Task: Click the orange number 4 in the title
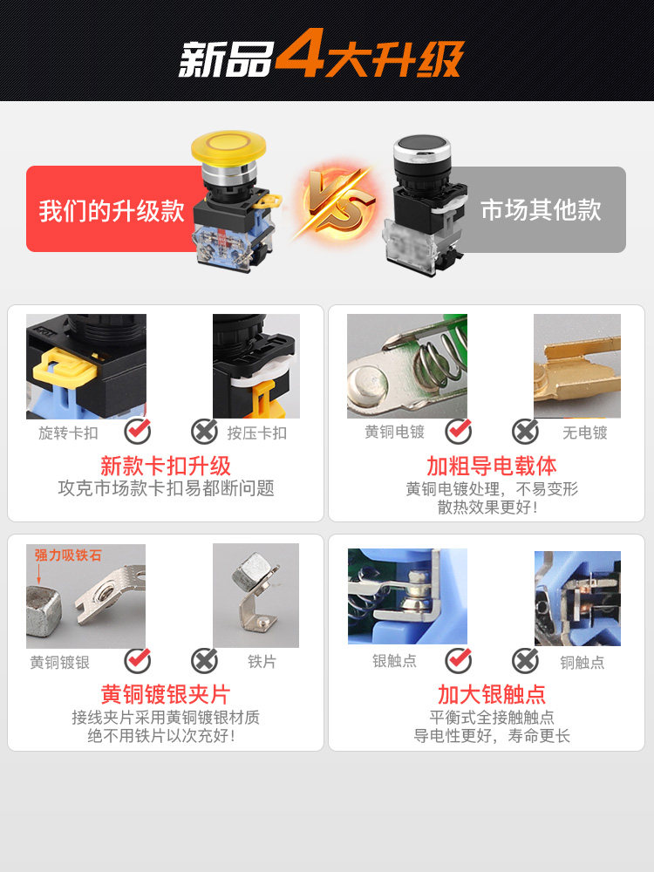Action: tap(299, 58)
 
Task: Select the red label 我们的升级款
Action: tap(112, 210)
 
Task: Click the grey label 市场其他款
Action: tap(541, 210)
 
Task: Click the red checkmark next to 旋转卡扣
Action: tap(137, 431)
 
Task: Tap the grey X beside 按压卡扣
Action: tap(204, 431)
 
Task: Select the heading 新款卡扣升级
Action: tap(166, 466)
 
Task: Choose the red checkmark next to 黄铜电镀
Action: tap(458, 431)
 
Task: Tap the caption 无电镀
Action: tap(584, 432)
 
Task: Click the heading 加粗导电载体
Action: tap(492, 466)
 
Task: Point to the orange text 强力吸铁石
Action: tap(68, 555)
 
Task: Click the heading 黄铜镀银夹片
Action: tap(166, 694)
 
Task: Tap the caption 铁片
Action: tap(262, 662)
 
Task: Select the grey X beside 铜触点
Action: tap(525, 661)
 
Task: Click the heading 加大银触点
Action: tap(492, 694)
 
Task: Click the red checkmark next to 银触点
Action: tap(458, 661)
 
